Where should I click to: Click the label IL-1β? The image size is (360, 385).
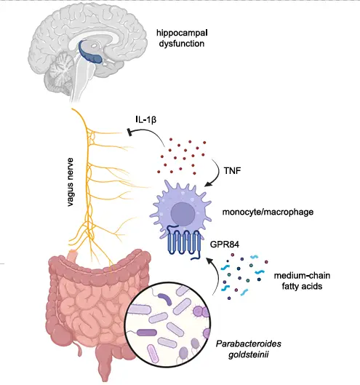coord(145,120)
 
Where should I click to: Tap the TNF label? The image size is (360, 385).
coord(232,170)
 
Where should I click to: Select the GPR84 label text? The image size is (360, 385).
coord(225,245)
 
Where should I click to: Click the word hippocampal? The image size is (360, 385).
coord(182,33)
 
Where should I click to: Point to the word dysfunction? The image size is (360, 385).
coord(182,44)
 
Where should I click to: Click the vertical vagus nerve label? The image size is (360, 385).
coord(71,182)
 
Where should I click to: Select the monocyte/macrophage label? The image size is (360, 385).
coord(268,212)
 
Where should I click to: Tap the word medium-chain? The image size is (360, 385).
coord(302,276)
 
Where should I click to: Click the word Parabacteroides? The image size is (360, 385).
coord(248,344)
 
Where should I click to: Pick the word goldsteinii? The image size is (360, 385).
coord(248,355)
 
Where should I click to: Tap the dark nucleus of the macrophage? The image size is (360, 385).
coord(183,213)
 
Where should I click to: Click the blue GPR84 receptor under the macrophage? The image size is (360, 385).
coord(184,242)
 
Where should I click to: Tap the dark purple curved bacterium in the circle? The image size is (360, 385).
coord(165,298)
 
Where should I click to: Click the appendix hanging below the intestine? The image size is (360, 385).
coord(79,350)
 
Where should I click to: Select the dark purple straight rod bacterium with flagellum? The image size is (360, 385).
coord(146,333)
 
